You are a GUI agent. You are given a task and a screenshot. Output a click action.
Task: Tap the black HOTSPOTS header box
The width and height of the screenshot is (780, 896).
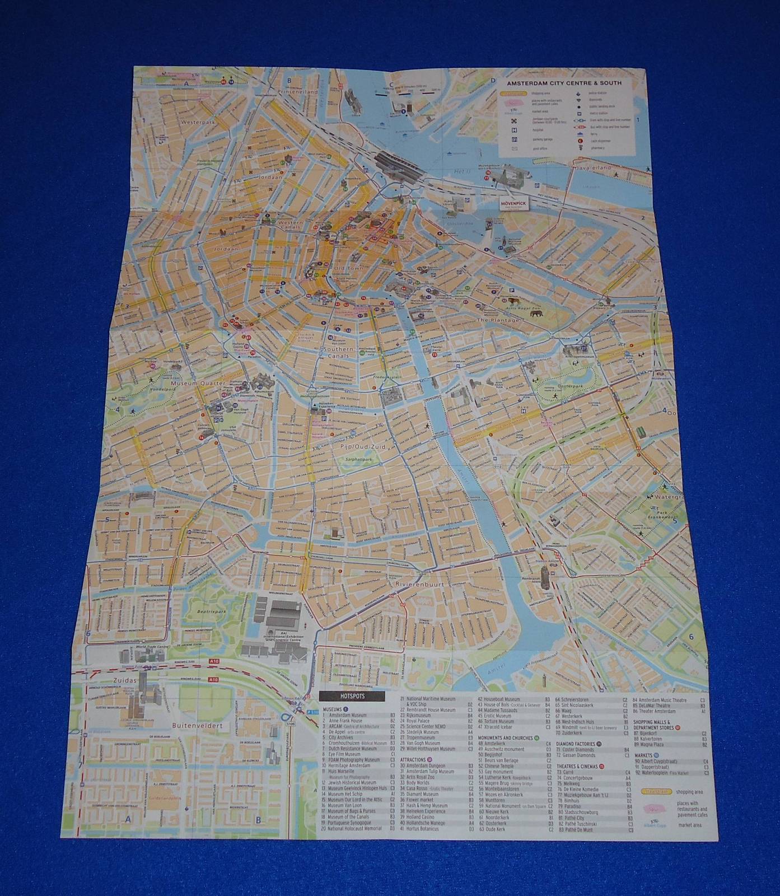click(352, 696)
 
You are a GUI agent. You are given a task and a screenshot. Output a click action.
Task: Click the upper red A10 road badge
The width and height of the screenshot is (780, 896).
click(213, 661)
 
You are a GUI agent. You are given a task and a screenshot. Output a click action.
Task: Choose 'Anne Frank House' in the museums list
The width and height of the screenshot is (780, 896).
click(347, 721)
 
